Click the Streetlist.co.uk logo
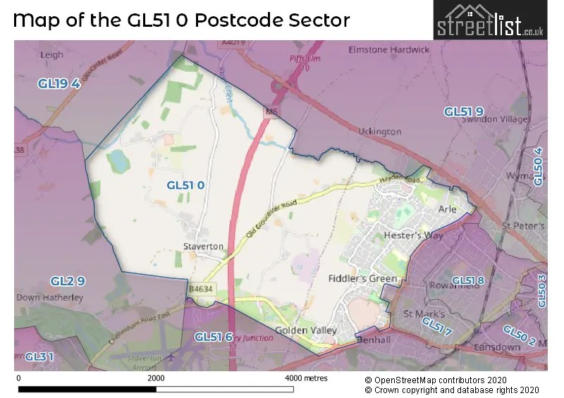489,20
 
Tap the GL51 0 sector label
185,185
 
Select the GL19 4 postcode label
59,84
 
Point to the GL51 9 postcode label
464,111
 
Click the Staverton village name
203,247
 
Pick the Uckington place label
379,132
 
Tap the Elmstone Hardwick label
388,50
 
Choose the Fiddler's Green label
362,278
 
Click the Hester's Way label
413,235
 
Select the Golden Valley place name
306,330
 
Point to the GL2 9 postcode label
68,281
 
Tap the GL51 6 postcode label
214,337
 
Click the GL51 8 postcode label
468,281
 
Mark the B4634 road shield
200,288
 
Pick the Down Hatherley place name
49,297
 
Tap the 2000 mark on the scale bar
157,378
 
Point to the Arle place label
448,209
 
